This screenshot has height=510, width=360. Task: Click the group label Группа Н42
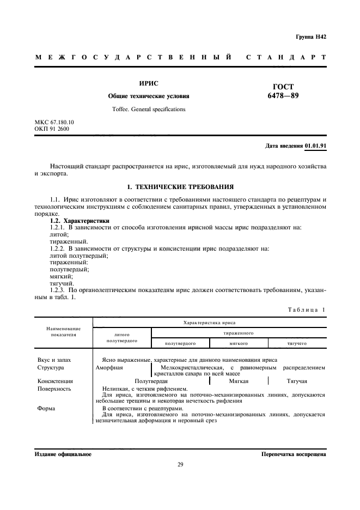coord(310,37)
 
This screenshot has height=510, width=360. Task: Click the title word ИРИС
coord(148,84)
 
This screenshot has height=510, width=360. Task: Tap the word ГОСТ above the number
coord(283,86)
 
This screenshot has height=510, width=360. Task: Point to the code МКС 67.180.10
coord(54,123)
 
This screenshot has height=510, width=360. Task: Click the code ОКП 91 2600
coord(52,129)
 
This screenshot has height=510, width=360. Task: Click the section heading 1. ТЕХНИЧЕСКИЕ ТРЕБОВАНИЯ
coord(180,186)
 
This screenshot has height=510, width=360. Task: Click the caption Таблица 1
coord(307,309)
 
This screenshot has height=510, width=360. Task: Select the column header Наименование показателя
coord(63,332)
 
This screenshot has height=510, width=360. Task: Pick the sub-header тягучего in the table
coord(297,344)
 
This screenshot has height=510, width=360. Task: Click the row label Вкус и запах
coord(54,360)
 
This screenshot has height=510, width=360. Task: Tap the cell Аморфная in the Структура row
coord(109,367)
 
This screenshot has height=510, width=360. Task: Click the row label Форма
coord(46,408)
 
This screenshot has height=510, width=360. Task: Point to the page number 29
coord(180,464)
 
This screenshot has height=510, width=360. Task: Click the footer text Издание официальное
coord(63,453)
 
